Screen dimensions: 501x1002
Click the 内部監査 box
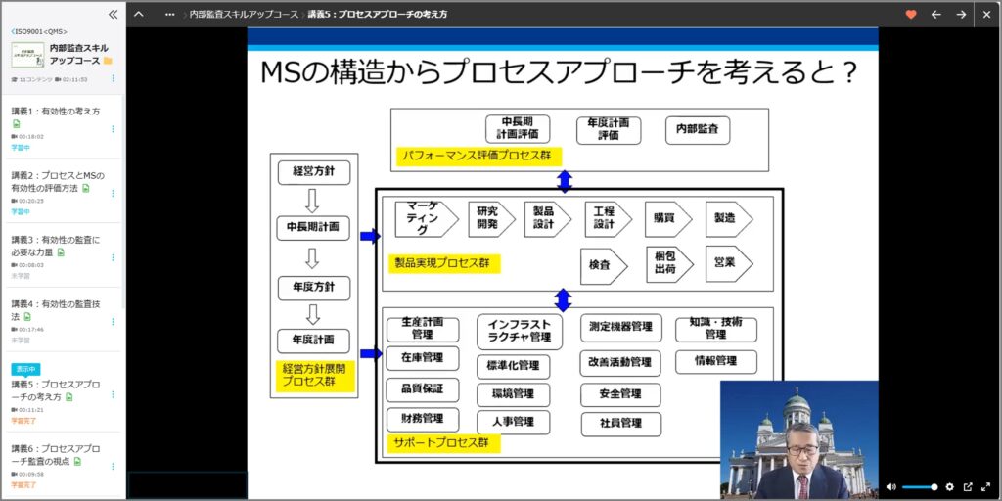[x=698, y=130]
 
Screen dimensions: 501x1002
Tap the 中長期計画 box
[x=313, y=227]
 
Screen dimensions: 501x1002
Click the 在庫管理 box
[x=422, y=358]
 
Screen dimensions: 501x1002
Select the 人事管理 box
[x=513, y=423]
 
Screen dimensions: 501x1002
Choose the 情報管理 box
[x=715, y=361]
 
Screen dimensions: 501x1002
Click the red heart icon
[x=911, y=14]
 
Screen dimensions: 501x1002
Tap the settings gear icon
[x=948, y=487]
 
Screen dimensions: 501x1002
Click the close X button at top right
[x=986, y=14]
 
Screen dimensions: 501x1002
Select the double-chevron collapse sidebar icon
[x=113, y=14]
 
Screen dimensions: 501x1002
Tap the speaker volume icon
[x=890, y=487]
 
